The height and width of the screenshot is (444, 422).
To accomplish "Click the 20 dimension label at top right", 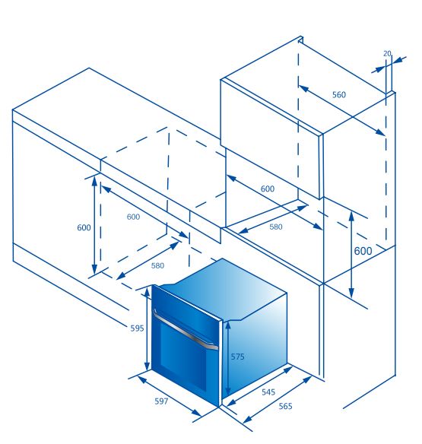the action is point(387,53).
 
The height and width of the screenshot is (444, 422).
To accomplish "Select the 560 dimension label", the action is point(339,94).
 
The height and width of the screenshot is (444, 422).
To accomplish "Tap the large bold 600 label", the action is point(363,251).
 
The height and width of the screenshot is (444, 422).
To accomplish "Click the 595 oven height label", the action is point(137,328).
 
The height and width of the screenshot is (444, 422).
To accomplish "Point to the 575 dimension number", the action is point(237,357).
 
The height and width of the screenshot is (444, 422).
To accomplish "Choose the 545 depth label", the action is point(268,392).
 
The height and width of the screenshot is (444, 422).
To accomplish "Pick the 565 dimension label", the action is point(285,406).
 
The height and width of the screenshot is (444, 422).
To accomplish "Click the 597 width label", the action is point(161,401).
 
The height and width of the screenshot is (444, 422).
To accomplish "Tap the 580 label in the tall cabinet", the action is point(275,227).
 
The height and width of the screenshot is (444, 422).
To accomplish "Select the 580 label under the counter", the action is point(157,265).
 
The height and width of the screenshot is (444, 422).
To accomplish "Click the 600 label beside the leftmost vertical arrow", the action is point(84,227).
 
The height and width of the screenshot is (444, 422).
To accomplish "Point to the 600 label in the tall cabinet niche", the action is point(268,189).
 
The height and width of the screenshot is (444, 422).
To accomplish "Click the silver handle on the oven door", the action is point(186,329).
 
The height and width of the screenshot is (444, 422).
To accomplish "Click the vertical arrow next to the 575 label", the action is point(228,359).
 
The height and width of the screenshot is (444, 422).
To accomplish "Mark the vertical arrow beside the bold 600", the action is point(351,255).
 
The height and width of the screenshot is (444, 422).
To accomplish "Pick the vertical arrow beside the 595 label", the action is point(148,329).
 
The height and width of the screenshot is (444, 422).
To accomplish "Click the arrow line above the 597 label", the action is point(169,395).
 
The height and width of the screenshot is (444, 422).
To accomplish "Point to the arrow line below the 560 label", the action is point(341,110).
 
